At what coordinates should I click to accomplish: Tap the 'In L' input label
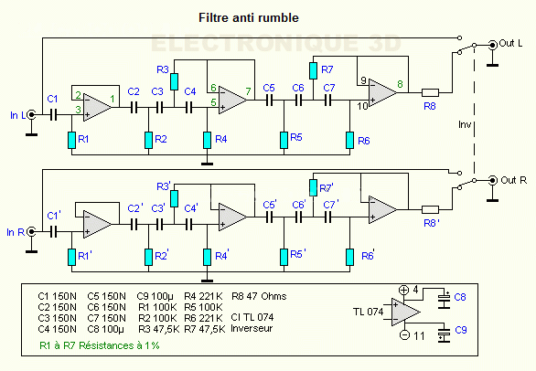[x=17, y=113]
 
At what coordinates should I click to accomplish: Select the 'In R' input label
[x=17, y=232]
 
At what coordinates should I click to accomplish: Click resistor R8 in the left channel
[x=430, y=91]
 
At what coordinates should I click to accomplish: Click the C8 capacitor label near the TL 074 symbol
[x=459, y=298]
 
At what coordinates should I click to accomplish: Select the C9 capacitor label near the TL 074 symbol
[x=459, y=330]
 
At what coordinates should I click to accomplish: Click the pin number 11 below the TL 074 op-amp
[x=421, y=337]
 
